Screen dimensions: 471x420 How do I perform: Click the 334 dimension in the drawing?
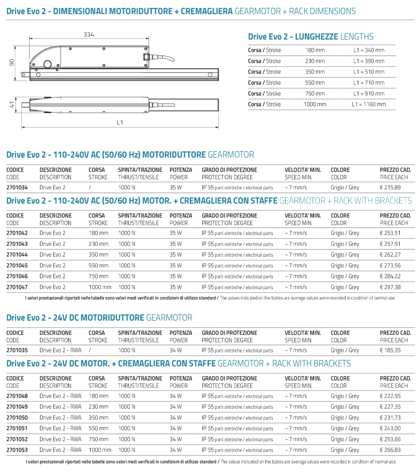click(89, 34)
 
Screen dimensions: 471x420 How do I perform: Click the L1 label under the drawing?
click(120, 122)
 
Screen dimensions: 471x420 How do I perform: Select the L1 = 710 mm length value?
click(369, 83)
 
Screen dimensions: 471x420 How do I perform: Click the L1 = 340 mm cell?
click(369, 50)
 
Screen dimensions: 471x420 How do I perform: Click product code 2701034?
click(17, 187)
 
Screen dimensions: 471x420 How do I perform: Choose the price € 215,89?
click(390, 187)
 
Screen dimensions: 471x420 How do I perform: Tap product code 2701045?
click(17, 266)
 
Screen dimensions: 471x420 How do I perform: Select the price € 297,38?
click(390, 287)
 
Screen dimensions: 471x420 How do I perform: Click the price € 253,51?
click(390, 233)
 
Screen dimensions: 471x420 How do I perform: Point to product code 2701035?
click(17, 350)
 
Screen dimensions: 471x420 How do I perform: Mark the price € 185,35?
click(390, 350)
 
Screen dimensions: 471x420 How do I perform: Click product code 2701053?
click(17, 450)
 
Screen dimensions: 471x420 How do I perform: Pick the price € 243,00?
click(390, 429)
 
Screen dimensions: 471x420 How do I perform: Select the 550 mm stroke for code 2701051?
click(98, 429)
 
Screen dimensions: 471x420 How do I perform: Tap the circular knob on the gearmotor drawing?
click(48, 65)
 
